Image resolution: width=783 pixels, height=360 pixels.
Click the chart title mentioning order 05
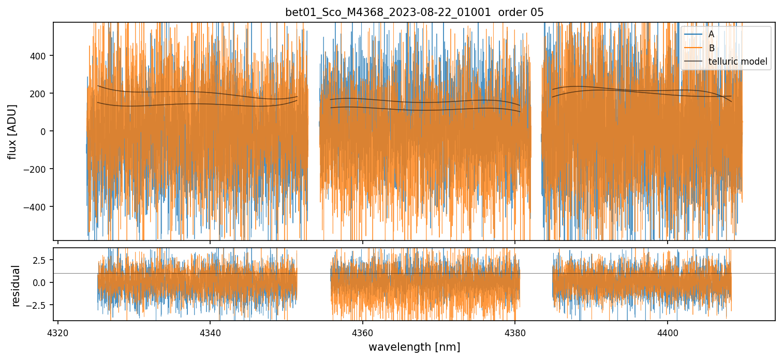point(414,12)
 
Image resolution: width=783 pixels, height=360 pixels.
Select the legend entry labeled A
point(711,34)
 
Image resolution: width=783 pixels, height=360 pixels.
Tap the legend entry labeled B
point(711,48)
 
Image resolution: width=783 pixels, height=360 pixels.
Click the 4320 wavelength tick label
point(58,332)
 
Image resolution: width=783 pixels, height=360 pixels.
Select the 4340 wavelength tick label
point(210,332)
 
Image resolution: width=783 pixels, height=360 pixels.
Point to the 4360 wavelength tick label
point(362,332)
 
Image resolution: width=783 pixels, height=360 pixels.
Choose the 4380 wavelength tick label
point(515,332)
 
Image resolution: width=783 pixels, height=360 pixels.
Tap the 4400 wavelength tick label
point(667,332)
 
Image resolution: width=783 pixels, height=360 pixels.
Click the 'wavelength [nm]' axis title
point(414,347)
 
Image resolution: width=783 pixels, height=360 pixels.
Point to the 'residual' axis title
point(16,286)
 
